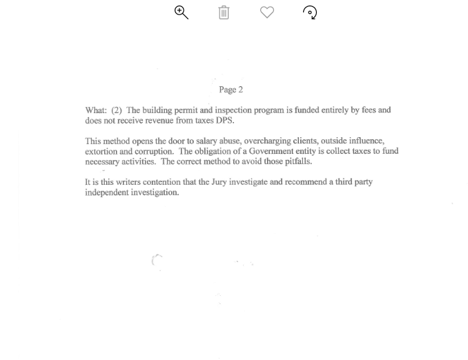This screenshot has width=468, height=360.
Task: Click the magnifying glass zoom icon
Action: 182,12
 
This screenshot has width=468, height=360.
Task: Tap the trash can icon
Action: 224,12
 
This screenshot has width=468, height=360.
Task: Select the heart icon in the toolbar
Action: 267,12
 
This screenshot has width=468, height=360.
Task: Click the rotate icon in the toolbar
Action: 310,12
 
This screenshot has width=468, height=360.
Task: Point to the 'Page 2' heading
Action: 231,90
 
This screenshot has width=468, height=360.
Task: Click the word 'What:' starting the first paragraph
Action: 96,110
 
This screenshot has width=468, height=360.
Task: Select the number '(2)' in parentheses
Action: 117,110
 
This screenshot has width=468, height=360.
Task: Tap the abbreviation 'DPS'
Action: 224,121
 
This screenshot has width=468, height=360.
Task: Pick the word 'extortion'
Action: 101,152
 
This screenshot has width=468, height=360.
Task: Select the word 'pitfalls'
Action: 298,162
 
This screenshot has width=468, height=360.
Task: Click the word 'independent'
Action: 107,192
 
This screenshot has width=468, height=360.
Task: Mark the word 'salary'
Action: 206,141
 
